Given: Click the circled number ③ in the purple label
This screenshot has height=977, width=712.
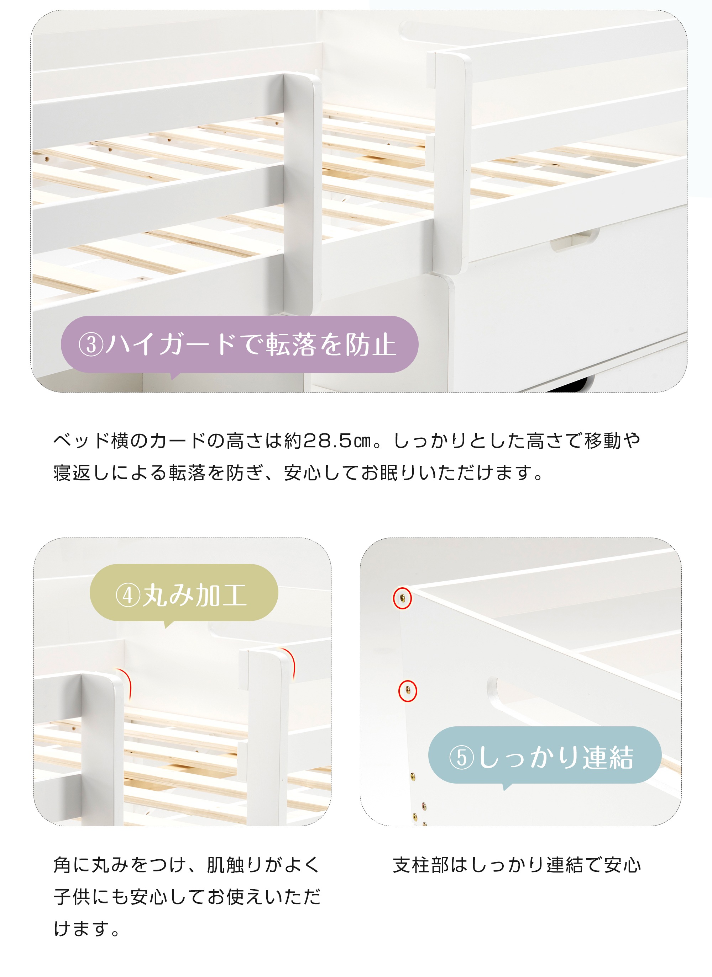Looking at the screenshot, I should (x=91, y=345).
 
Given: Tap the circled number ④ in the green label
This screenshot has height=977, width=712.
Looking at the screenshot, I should (x=128, y=596).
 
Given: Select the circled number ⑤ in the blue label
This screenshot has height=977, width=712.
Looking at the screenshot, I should (x=461, y=758).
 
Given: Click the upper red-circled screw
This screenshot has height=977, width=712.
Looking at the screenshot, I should (x=402, y=598).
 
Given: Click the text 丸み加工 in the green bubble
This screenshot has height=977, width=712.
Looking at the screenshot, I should (x=195, y=596).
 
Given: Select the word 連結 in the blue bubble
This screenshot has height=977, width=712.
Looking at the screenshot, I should (x=608, y=758).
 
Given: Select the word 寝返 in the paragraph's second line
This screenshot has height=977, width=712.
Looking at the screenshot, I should (x=72, y=473).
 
